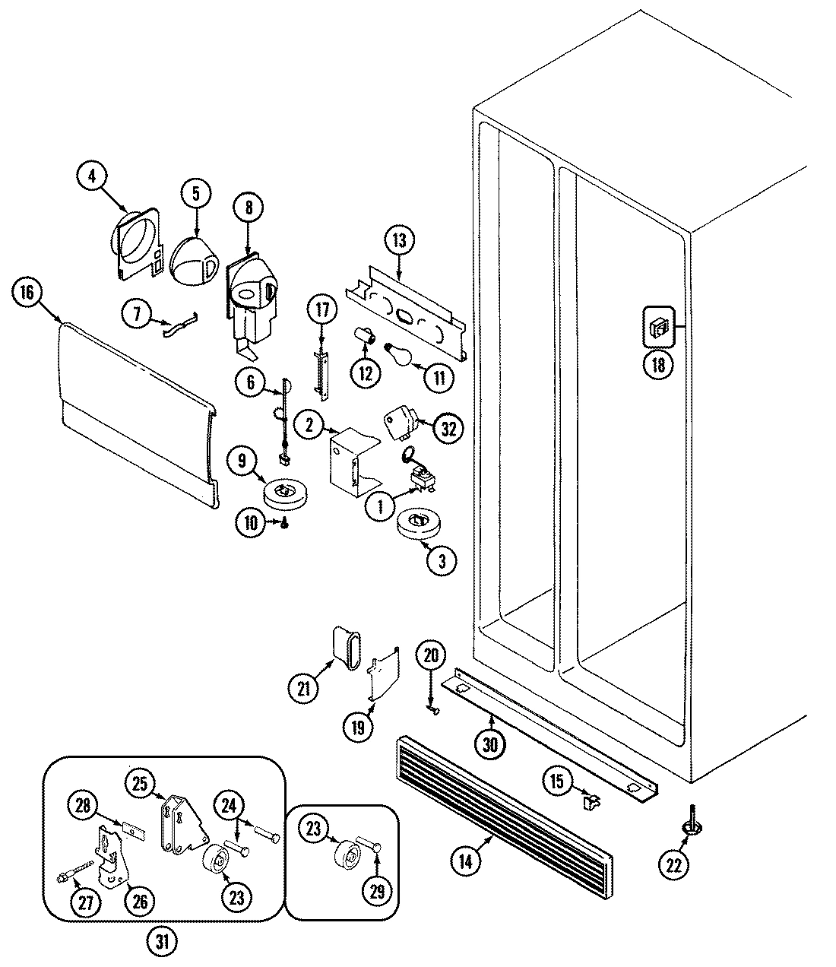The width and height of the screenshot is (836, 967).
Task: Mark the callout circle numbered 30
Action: click(x=490, y=744)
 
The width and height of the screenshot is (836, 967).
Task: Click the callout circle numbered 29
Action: click(x=378, y=892)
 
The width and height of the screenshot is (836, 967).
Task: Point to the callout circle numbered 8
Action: click(x=250, y=206)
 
